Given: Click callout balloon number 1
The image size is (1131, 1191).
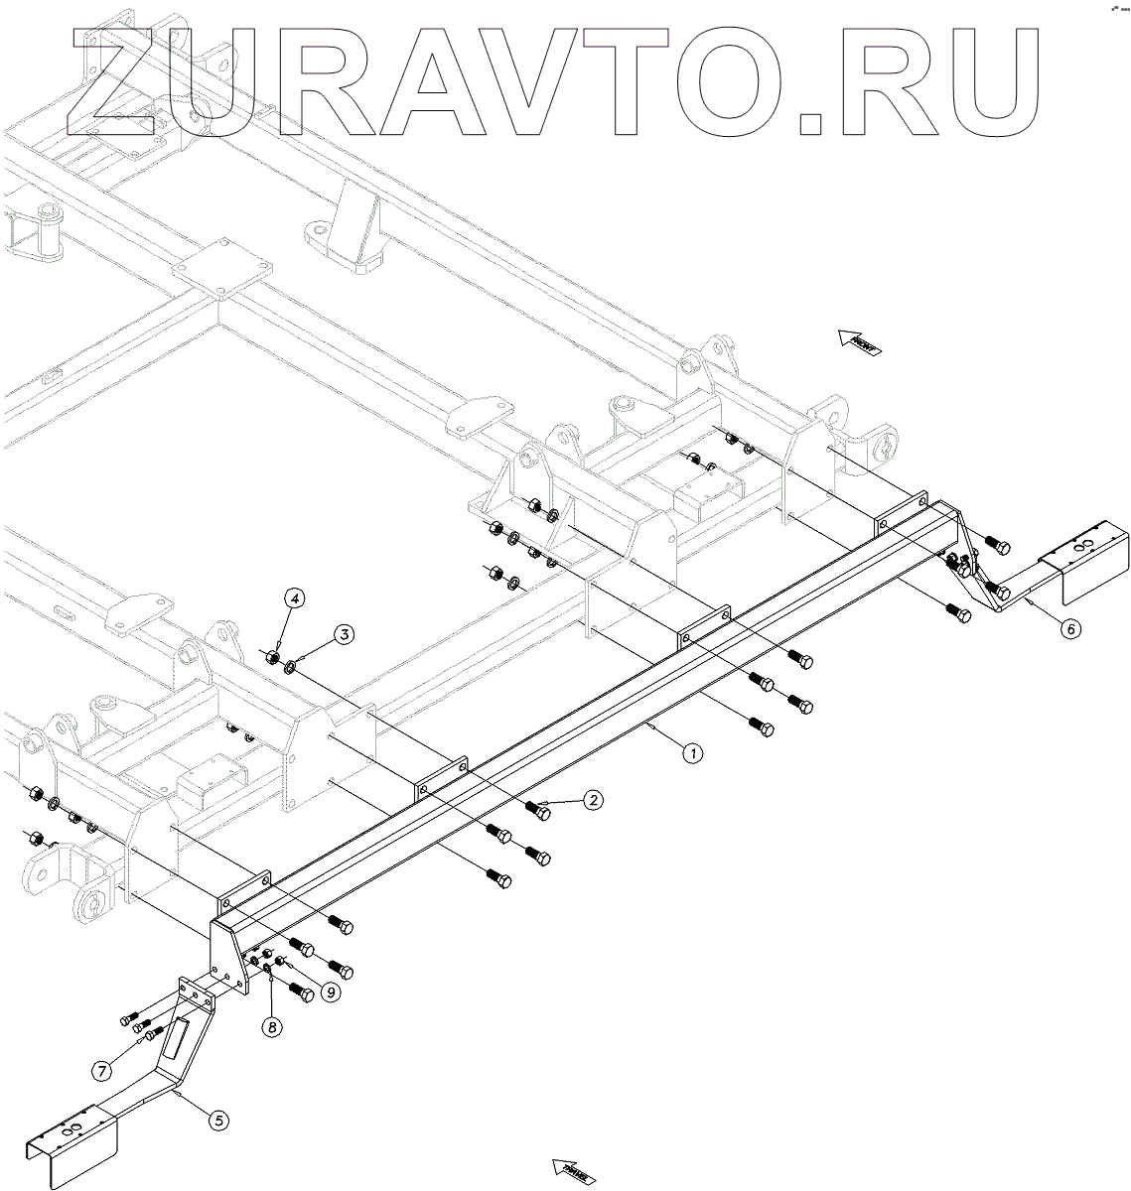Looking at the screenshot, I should point(693,753).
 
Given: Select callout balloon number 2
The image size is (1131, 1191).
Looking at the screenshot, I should point(592,800).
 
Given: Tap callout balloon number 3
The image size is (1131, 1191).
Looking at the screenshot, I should point(342,634).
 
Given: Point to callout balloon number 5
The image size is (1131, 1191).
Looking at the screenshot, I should point(219,1120).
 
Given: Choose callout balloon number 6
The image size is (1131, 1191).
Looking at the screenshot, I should point(1068,628).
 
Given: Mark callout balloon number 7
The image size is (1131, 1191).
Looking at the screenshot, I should point(101,1070).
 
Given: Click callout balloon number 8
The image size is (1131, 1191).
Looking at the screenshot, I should point(271,1027).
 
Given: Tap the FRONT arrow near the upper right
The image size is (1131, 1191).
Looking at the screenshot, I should point(858,343).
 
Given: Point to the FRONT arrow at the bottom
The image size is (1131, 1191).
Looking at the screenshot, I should point(575,1171).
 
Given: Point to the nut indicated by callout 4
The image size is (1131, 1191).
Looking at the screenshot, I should point(270,655).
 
